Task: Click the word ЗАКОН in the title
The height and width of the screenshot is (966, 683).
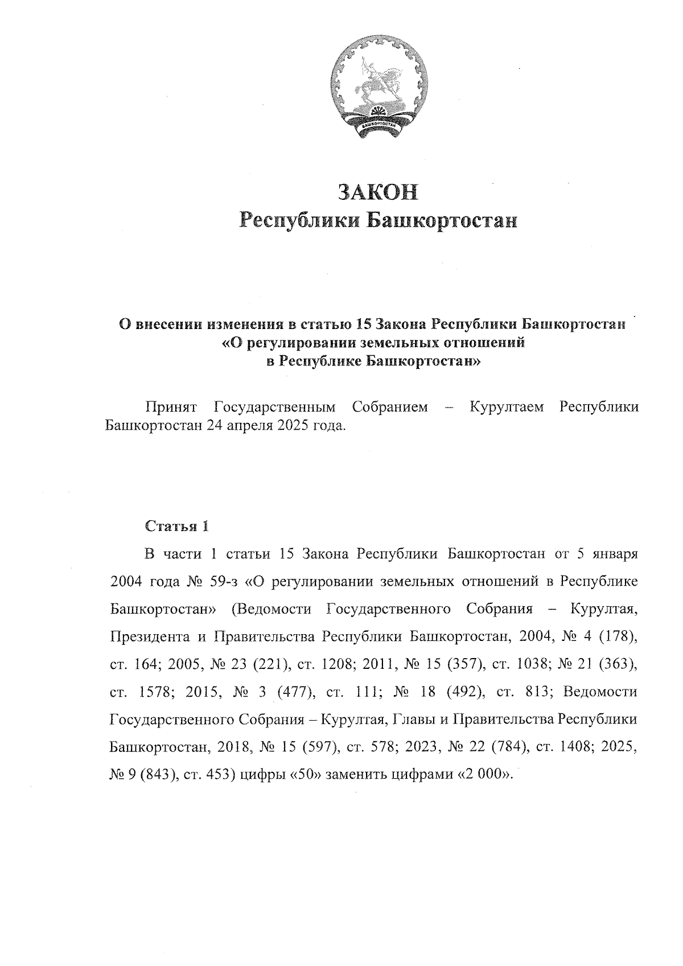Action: [378, 192]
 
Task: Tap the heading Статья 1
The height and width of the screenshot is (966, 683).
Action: [177, 526]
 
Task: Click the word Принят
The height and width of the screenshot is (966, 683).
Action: [171, 407]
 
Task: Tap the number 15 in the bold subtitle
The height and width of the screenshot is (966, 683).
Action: [362, 324]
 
